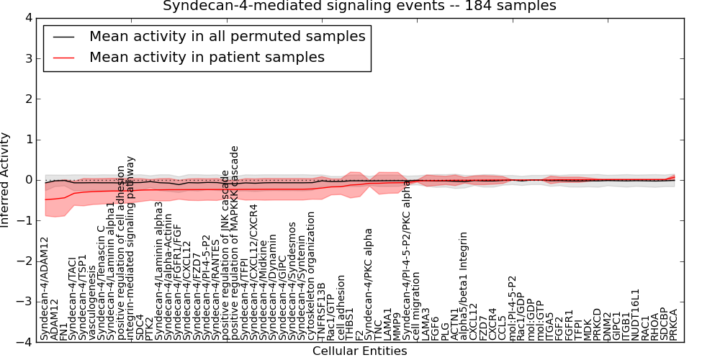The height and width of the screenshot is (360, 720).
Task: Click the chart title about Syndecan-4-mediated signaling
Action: (359, 6)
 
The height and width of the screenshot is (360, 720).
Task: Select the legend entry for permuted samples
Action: (227, 36)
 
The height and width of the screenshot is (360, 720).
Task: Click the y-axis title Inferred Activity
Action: (6, 180)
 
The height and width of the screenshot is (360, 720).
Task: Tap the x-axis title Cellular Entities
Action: (359, 351)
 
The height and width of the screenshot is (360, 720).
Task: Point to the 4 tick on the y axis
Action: (28, 18)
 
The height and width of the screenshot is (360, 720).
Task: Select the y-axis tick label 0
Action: (28, 180)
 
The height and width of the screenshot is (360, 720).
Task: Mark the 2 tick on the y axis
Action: (28, 99)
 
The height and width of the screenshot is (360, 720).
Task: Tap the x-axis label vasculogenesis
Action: (91, 307)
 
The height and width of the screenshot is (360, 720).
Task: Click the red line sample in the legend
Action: (63, 57)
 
